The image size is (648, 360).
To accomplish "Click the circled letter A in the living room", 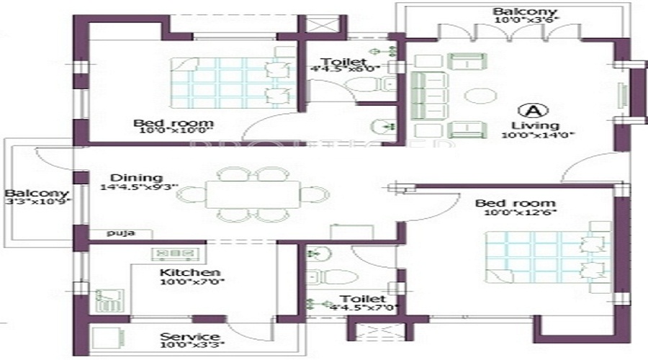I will (534, 111).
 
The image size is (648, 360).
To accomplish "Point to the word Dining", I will (136, 178).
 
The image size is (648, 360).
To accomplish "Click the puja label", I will (117, 233).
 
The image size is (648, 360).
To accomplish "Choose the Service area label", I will (189, 337).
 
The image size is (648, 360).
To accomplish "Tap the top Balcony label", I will (514, 12).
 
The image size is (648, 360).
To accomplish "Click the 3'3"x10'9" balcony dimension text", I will (36, 204).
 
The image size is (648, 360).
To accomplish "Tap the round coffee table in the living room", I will (477, 96).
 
